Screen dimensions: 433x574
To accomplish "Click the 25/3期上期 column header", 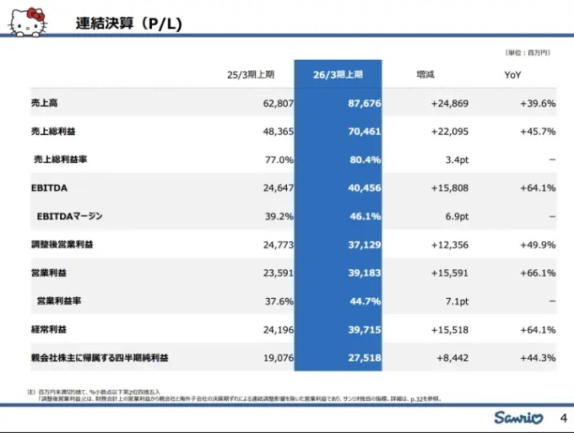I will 251,75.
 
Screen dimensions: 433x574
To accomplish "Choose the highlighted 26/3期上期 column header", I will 338,75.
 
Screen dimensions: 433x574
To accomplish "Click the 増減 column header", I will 426,75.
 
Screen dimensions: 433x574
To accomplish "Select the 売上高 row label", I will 44,104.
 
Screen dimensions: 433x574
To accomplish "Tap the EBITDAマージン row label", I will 69,217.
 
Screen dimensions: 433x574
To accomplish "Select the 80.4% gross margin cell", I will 366,160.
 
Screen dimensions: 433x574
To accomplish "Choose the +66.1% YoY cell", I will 538,273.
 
